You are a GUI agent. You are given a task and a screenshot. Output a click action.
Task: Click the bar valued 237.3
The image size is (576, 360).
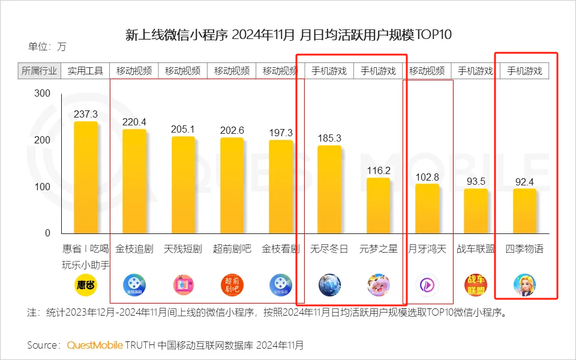tap(85, 177)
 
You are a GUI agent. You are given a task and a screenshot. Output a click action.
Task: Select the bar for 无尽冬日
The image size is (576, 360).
tap(329, 189)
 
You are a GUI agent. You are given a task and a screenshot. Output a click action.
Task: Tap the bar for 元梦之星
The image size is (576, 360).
tap(379, 205)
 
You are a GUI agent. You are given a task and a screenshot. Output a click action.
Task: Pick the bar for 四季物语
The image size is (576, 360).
tap(524, 211)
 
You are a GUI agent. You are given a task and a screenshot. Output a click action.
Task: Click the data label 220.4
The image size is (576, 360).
tap(134, 122)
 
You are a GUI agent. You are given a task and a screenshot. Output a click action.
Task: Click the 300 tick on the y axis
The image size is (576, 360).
tap(42, 94)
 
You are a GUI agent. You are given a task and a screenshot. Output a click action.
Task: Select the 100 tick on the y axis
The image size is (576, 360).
tap(42, 187)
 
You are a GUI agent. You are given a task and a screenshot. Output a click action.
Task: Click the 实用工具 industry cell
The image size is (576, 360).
tap(85, 71)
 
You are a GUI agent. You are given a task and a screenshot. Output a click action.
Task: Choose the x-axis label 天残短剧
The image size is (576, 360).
tap(183, 248)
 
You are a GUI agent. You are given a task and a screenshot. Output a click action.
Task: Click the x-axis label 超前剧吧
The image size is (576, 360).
tap(232, 248)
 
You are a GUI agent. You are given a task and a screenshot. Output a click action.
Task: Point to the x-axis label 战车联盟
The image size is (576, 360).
tap(476, 248)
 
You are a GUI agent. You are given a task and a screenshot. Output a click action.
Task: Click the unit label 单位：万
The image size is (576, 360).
tap(47, 46)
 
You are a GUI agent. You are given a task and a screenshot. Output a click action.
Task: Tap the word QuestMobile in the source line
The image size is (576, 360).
tap(95, 345)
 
